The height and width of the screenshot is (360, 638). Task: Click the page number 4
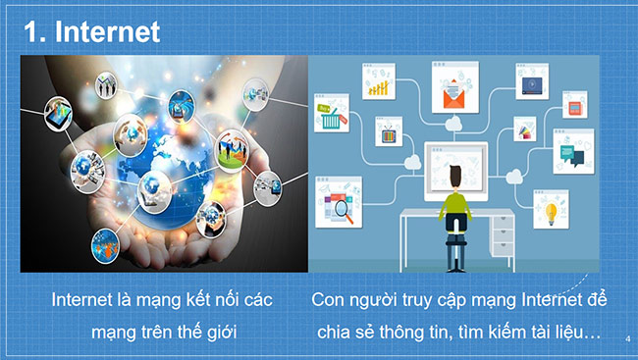(626, 339)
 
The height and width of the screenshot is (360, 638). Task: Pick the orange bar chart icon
(379, 86)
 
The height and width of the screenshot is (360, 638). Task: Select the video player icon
(532, 85)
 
